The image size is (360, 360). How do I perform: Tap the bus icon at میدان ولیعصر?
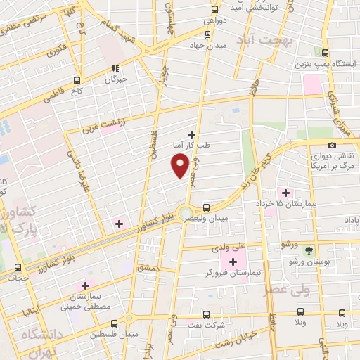206,207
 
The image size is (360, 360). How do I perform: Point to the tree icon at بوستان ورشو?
309,250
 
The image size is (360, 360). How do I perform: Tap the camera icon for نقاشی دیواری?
332,145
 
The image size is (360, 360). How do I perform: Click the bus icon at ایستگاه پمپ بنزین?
325,53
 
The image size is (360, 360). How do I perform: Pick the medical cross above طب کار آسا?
191,134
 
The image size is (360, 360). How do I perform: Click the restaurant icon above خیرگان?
115,68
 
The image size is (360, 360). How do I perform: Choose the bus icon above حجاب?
18,266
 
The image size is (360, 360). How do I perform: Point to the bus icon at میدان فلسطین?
129,318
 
